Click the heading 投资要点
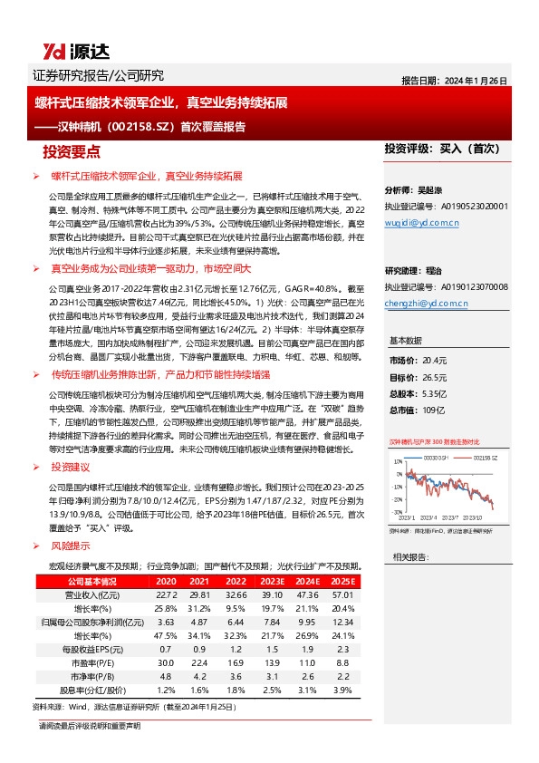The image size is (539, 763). tap(72, 151)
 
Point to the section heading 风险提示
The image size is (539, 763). tap(72, 547)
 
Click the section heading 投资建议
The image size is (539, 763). tap(72, 468)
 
